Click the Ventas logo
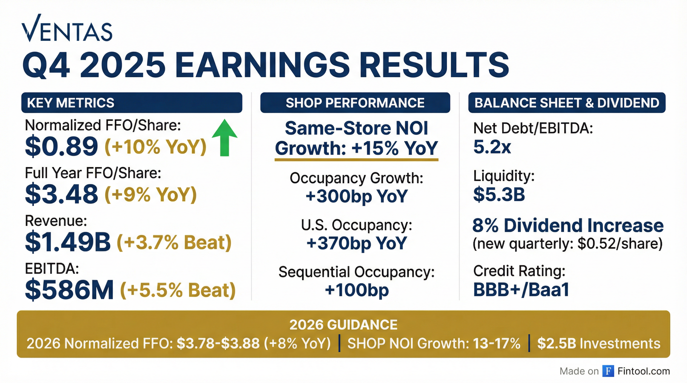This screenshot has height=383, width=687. point(67,28)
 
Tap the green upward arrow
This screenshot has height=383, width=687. point(225,137)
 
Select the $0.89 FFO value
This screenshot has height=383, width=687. point(62,146)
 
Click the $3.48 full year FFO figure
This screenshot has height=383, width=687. point(62,194)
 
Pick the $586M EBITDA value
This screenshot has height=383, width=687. point(69,290)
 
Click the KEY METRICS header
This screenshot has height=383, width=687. point(71,103)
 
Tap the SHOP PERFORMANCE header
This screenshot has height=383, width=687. point(355,103)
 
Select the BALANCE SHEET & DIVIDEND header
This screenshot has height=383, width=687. point(567,103)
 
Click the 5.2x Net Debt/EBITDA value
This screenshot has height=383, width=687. point(492,147)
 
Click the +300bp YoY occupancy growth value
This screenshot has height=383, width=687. point(356,196)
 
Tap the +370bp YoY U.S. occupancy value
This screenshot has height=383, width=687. point(356,243)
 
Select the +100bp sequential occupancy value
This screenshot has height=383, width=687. point(357,290)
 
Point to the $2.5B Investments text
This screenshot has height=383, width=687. point(599,343)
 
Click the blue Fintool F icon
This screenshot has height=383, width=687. point(608,371)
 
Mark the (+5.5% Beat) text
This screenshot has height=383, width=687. point(178,290)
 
